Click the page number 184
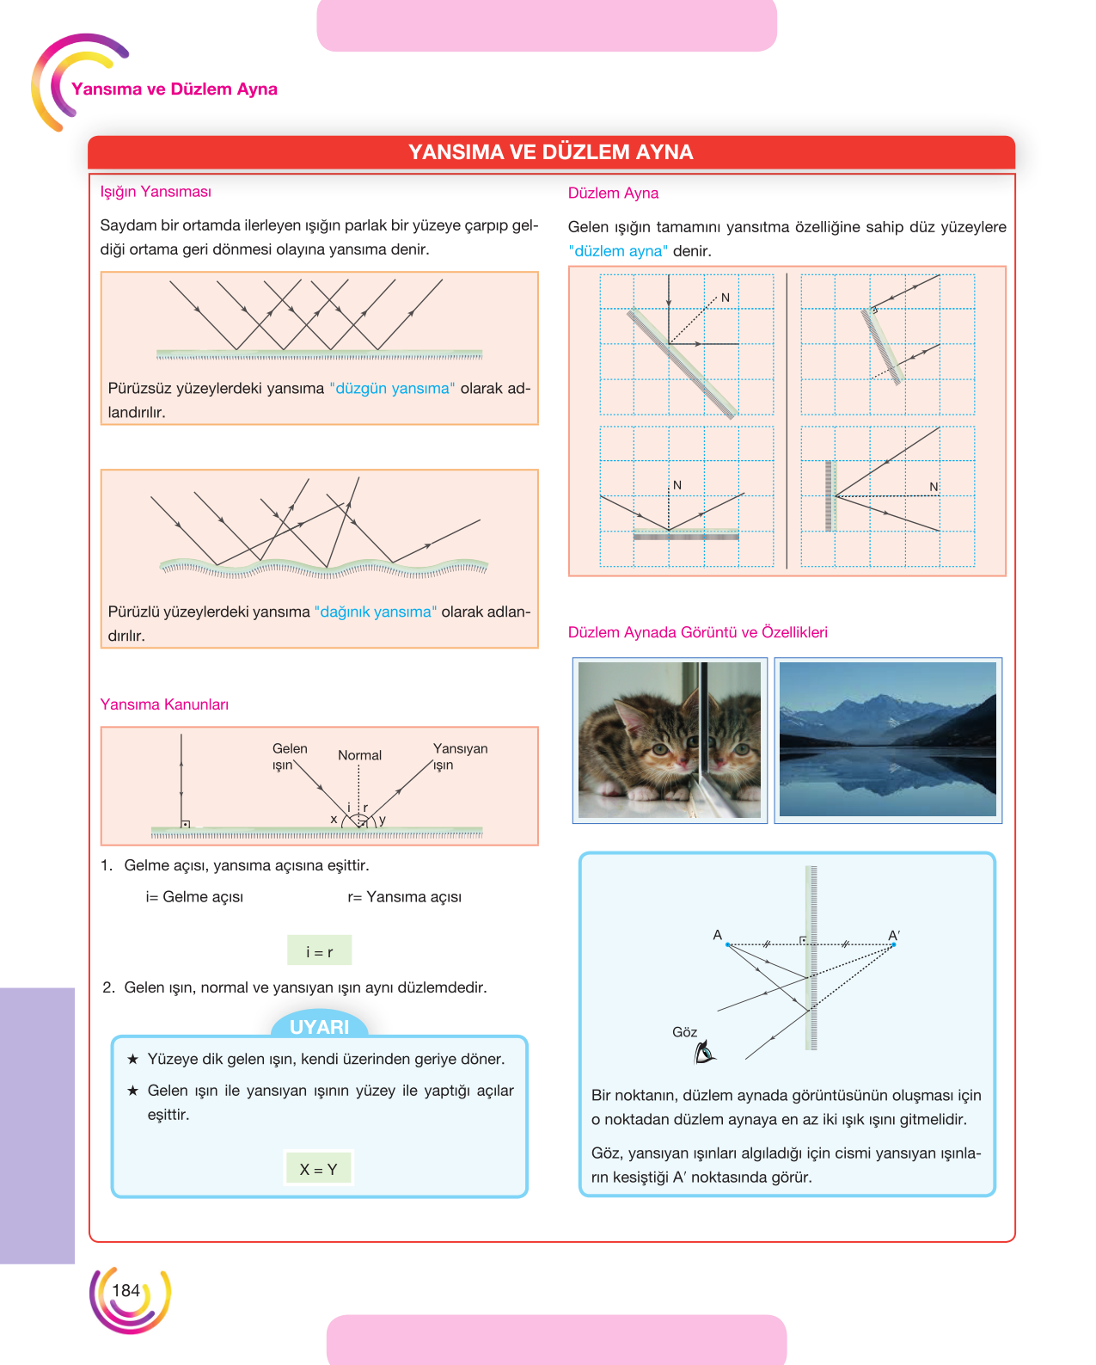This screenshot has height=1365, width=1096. [x=126, y=1290]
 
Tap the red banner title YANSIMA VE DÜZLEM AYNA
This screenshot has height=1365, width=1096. [x=550, y=152]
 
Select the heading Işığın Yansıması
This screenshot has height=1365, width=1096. [x=156, y=192]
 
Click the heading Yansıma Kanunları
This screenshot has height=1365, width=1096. [x=164, y=704]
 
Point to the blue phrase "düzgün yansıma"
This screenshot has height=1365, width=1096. [x=392, y=388]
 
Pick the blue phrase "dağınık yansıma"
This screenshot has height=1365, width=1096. [x=376, y=612]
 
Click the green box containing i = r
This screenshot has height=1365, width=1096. [x=319, y=950]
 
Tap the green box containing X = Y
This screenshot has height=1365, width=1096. [x=318, y=1168]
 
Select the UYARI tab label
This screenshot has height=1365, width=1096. [x=319, y=1027]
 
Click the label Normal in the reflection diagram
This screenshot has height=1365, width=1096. [x=359, y=755]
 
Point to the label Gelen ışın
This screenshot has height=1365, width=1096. [x=289, y=757]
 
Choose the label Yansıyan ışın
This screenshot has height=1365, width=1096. [x=460, y=757]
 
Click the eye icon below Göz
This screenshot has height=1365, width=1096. [x=705, y=1052]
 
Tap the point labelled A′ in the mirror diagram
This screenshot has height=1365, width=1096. [x=893, y=945]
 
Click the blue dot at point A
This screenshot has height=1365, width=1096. [x=728, y=945]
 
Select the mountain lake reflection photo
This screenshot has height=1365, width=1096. [x=887, y=740]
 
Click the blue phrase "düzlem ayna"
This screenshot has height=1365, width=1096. [x=617, y=251]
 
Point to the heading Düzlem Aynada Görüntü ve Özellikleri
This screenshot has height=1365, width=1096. [x=697, y=632]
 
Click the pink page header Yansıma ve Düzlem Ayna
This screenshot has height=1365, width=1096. [x=175, y=89]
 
